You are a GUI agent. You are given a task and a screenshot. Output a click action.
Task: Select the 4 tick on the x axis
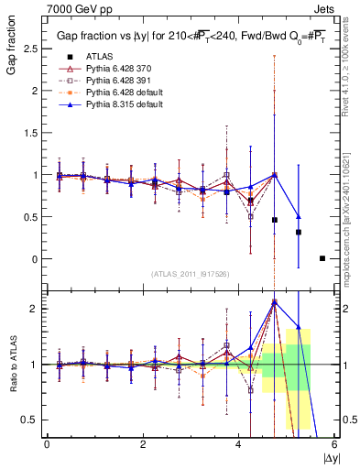click(239, 444)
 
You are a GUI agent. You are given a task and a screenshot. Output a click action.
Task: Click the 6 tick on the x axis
click(334, 444)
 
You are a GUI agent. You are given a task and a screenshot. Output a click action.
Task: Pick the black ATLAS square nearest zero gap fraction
click(322, 258)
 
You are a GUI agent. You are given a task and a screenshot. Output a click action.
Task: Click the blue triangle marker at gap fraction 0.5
click(299, 216)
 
